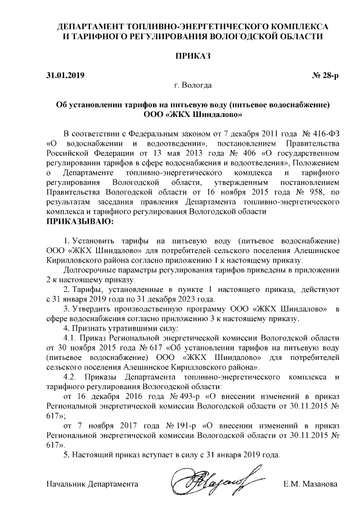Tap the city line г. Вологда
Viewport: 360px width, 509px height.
point(193,86)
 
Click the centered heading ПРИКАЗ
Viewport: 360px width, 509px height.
point(193,56)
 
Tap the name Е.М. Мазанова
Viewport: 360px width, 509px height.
point(312,484)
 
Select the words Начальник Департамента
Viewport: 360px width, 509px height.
point(92,484)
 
